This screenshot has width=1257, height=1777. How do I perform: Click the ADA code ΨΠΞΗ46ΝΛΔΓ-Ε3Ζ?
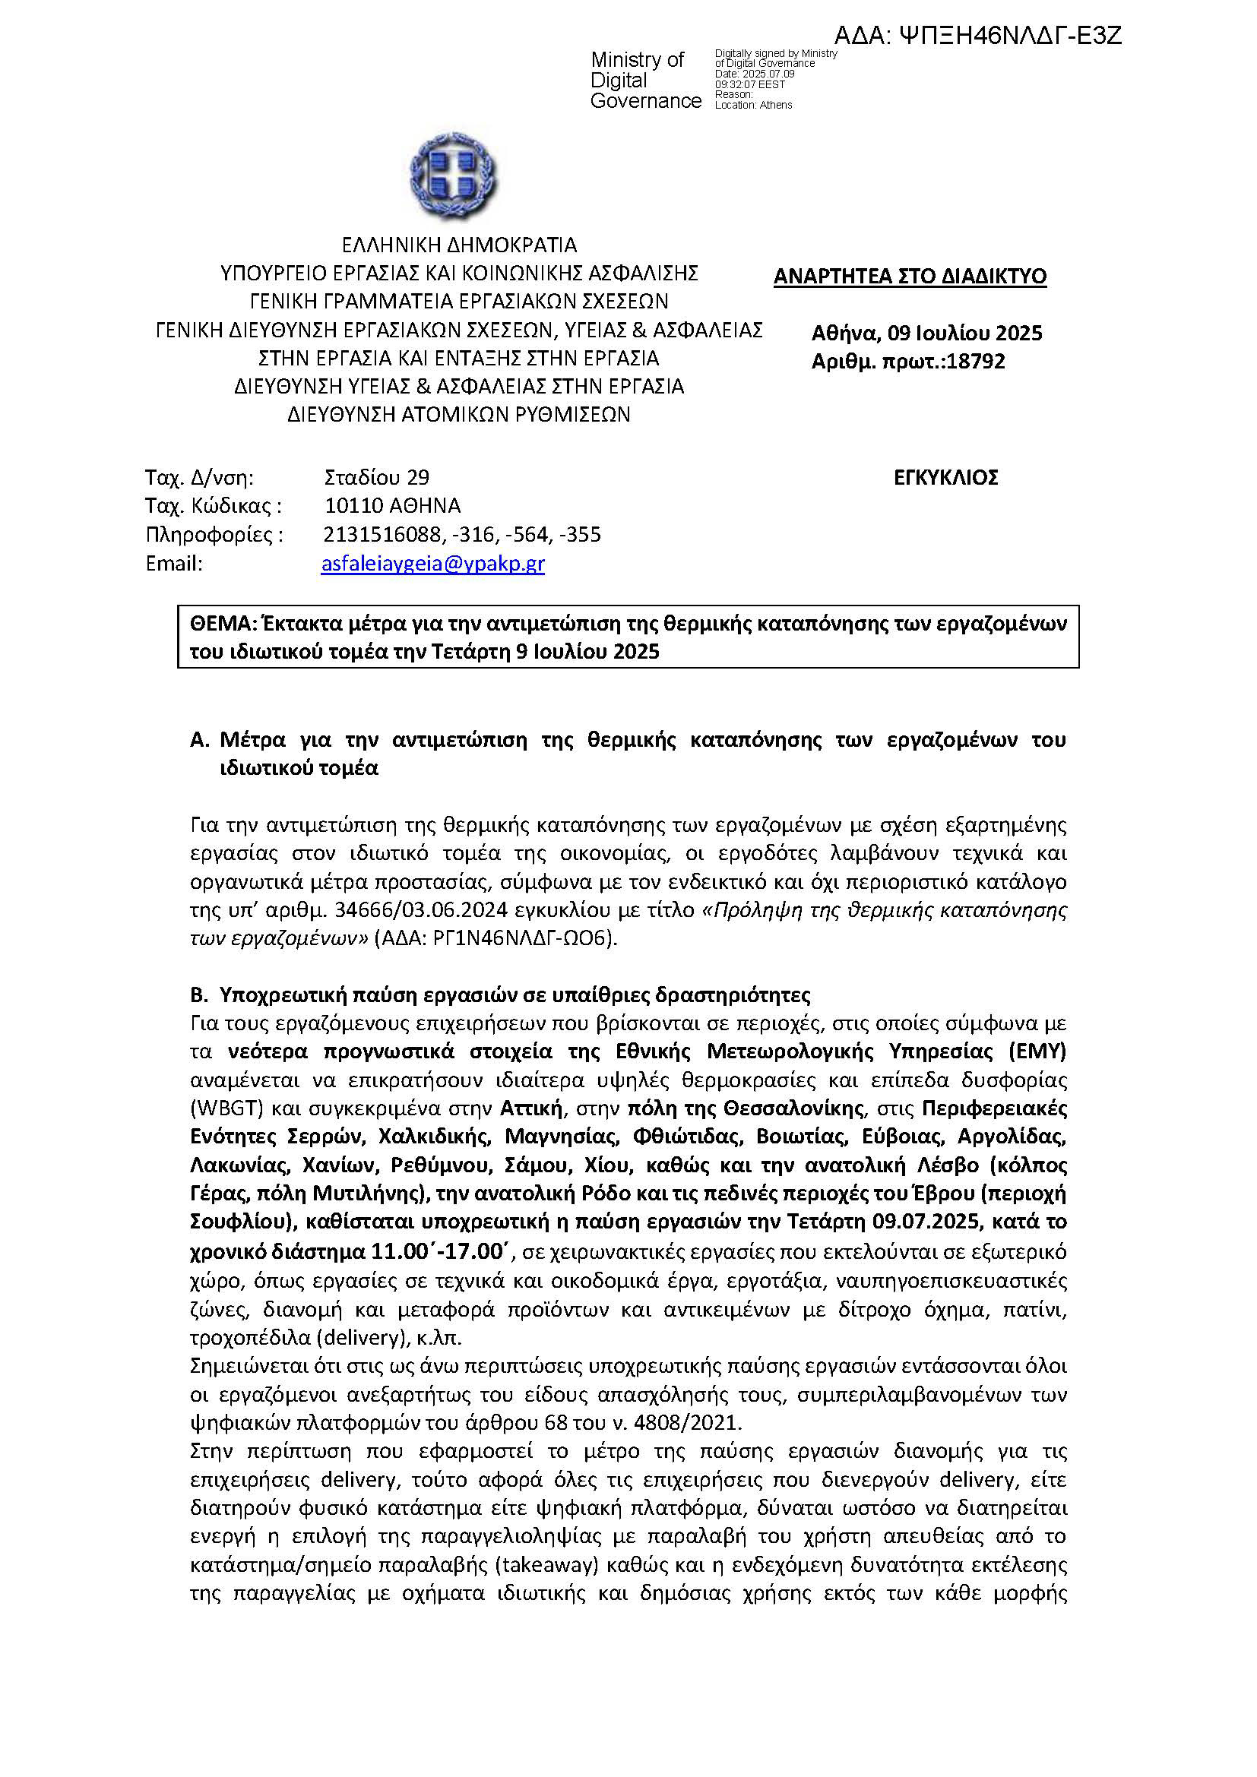click(x=978, y=36)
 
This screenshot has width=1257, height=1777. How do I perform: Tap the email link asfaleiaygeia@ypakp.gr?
click(x=432, y=564)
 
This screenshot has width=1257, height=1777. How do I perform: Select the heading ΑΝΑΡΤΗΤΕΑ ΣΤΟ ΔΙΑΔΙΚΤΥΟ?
click(x=910, y=277)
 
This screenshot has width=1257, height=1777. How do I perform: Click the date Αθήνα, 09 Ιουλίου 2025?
click(x=926, y=334)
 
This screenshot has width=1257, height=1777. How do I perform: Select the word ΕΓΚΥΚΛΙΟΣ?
click(x=945, y=478)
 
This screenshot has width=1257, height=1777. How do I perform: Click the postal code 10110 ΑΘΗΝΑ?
click(x=392, y=506)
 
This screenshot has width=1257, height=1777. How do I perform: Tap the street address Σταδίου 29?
click(x=377, y=478)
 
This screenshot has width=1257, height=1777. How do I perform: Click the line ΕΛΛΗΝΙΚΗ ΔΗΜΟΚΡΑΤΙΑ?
click(x=459, y=245)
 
